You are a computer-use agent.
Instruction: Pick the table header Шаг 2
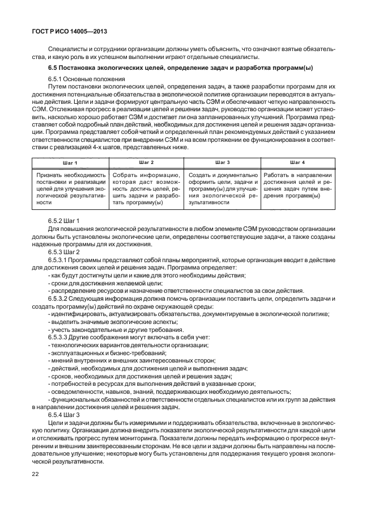click(x=146, y=162)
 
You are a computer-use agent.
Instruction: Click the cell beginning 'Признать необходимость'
click(x=70, y=188)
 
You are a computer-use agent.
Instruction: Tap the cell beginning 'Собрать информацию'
click(x=146, y=188)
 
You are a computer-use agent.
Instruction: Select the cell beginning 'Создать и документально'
click(x=223, y=188)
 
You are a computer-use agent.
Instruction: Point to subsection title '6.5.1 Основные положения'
click(x=87, y=78)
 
